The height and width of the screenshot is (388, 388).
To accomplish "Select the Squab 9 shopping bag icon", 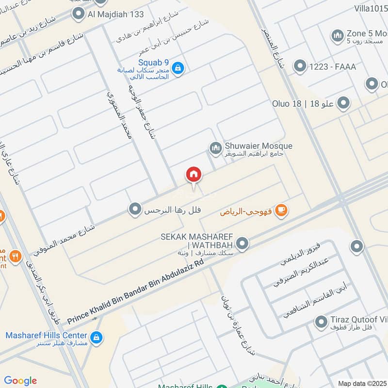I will pyautogui.click(x=178, y=68).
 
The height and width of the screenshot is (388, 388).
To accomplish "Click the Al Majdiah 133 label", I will pyautogui.click(x=115, y=14).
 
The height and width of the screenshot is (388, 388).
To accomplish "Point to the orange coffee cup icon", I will pyautogui.click(x=281, y=210).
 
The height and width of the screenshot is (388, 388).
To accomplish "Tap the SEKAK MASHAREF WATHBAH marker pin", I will pyautogui.click(x=242, y=244).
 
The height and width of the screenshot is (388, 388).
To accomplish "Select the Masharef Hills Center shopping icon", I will pyautogui.click(x=97, y=337).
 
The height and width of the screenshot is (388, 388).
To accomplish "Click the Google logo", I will pyautogui.click(x=20, y=381).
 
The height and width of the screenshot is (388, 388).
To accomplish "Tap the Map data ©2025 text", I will pyautogui.click(x=361, y=383).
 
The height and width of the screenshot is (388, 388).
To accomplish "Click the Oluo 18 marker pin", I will pyautogui.click(x=343, y=103).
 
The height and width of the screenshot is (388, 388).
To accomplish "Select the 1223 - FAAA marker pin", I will pyautogui.click(x=300, y=66).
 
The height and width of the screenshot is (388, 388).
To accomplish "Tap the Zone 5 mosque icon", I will pyautogui.click(x=337, y=35).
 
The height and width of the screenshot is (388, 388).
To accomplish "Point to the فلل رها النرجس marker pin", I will pyautogui.click(x=134, y=210).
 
